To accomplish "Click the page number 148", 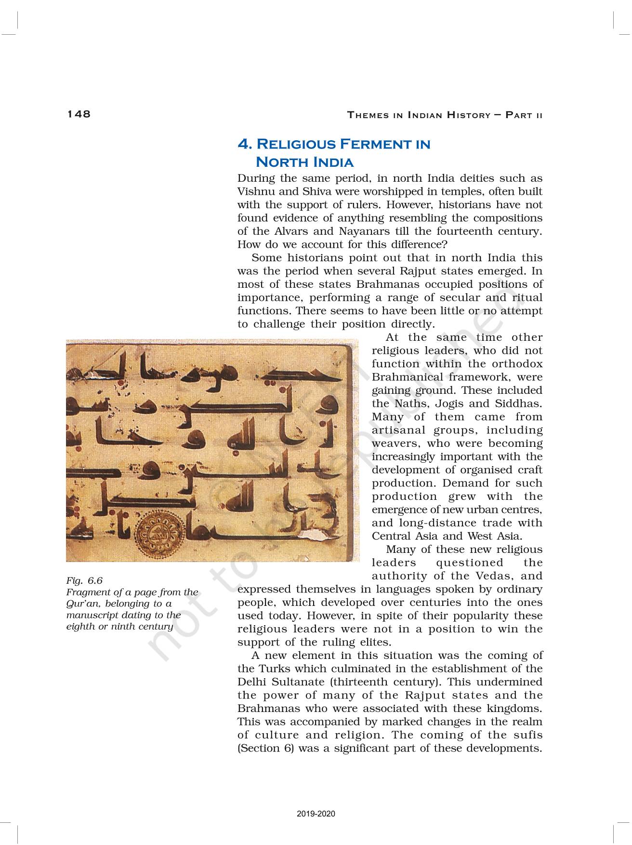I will point(79,114).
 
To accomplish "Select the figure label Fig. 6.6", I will point(84,580).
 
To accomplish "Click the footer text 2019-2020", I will point(316,814).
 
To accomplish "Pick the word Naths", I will point(406,403).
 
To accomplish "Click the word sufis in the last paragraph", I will point(528,735).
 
